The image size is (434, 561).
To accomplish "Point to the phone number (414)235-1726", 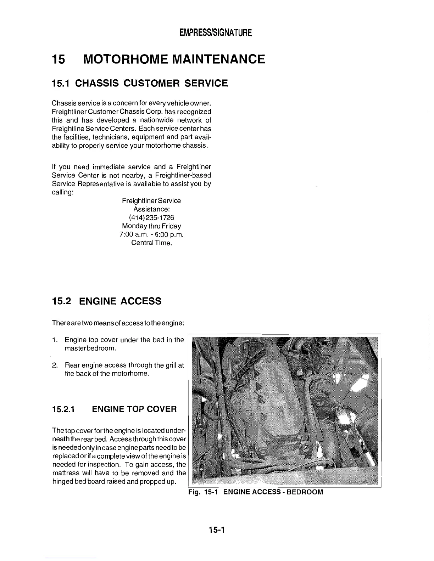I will click(x=151, y=217).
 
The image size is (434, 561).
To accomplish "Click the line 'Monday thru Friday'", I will click(x=151, y=226).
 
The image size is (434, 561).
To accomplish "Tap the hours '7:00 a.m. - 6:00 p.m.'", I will click(x=151, y=234).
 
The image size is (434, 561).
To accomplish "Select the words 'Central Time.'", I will click(x=151, y=243).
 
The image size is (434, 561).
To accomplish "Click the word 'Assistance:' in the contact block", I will click(x=151, y=209).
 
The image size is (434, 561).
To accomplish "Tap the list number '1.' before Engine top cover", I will click(x=55, y=340).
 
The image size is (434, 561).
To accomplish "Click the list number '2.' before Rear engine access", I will click(x=55, y=365).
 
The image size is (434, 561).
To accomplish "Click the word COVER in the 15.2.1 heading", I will click(x=161, y=409).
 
